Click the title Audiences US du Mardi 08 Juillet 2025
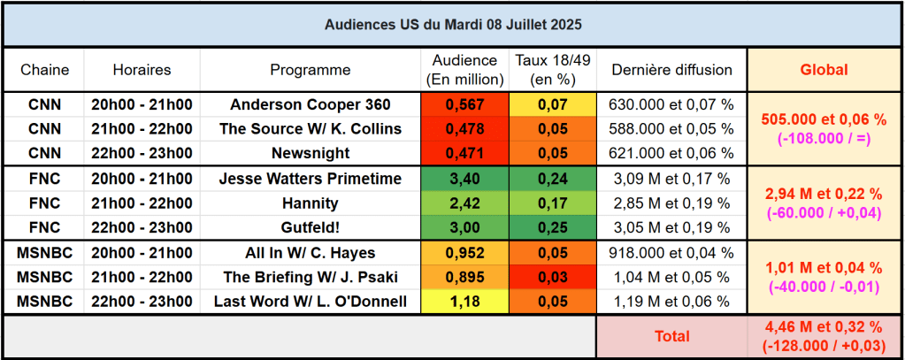point(452,23)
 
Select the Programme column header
point(310,70)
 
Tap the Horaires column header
point(142,70)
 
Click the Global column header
point(824,70)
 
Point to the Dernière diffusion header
point(671,70)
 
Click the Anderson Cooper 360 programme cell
point(310,104)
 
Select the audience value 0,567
point(464,104)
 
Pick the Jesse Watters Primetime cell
point(310,179)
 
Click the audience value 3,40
point(464,179)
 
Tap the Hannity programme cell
point(310,203)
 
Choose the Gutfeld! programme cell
point(310,227)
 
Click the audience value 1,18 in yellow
point(464,302)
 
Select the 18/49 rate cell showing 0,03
point(553,278)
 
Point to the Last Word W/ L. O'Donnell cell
point(310,302)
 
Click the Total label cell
point(671,336)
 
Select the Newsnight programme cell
point(310,153)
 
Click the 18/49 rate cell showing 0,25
point(553,227)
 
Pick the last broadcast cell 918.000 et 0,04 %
point(671,253)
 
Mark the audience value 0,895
point(464,278)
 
